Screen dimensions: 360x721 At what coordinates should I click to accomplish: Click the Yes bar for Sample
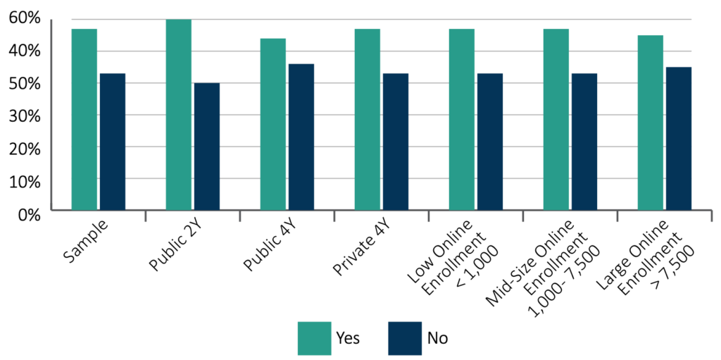pos(84,120)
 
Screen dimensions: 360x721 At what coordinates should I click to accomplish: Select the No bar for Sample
pos(112,142)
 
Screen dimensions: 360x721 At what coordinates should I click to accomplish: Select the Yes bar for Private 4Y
pos(367,120)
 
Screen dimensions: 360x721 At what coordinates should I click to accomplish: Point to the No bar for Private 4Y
pos(395,142)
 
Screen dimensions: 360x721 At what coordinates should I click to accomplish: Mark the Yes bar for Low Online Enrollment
pos(461,120)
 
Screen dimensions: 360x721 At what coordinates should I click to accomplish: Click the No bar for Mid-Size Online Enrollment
pos(584,142)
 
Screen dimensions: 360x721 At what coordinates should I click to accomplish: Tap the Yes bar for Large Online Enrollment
pos(650,123)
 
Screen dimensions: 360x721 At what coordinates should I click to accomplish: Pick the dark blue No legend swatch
pos(405,337)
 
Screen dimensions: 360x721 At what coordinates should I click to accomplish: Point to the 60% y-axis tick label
pos(25,18)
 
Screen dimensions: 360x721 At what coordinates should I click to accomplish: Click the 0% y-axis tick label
pos(30,215)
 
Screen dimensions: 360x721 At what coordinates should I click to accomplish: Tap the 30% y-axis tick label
pos(25,117)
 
